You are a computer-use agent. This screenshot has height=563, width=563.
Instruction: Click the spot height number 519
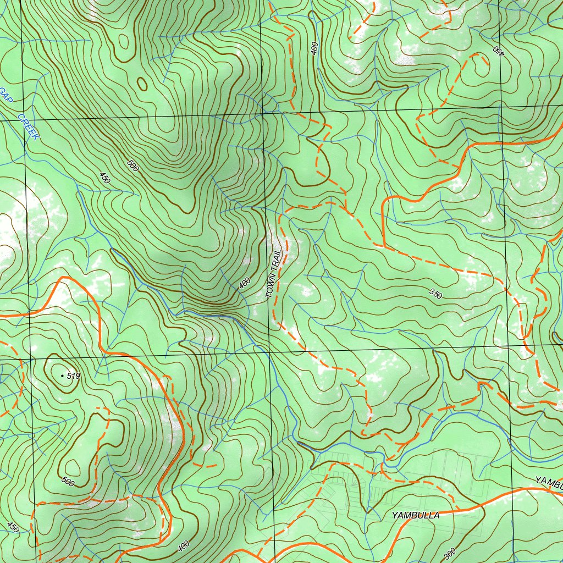74,376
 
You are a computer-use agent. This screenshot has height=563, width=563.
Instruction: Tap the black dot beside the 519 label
62,376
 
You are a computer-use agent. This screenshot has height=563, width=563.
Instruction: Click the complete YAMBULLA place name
416,515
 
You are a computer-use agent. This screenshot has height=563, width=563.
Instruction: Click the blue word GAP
5,95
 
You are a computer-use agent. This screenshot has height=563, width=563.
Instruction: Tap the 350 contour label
435,294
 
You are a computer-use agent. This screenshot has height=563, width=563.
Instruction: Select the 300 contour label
449,554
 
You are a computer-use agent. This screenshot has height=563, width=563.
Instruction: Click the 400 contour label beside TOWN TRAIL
245,283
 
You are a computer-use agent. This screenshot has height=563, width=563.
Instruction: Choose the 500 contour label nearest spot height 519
68,482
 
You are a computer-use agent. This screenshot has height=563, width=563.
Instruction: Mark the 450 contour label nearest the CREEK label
104,178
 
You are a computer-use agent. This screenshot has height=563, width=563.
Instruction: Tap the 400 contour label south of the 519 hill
184,545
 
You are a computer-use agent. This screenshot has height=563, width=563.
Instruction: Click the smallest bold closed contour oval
142,84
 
